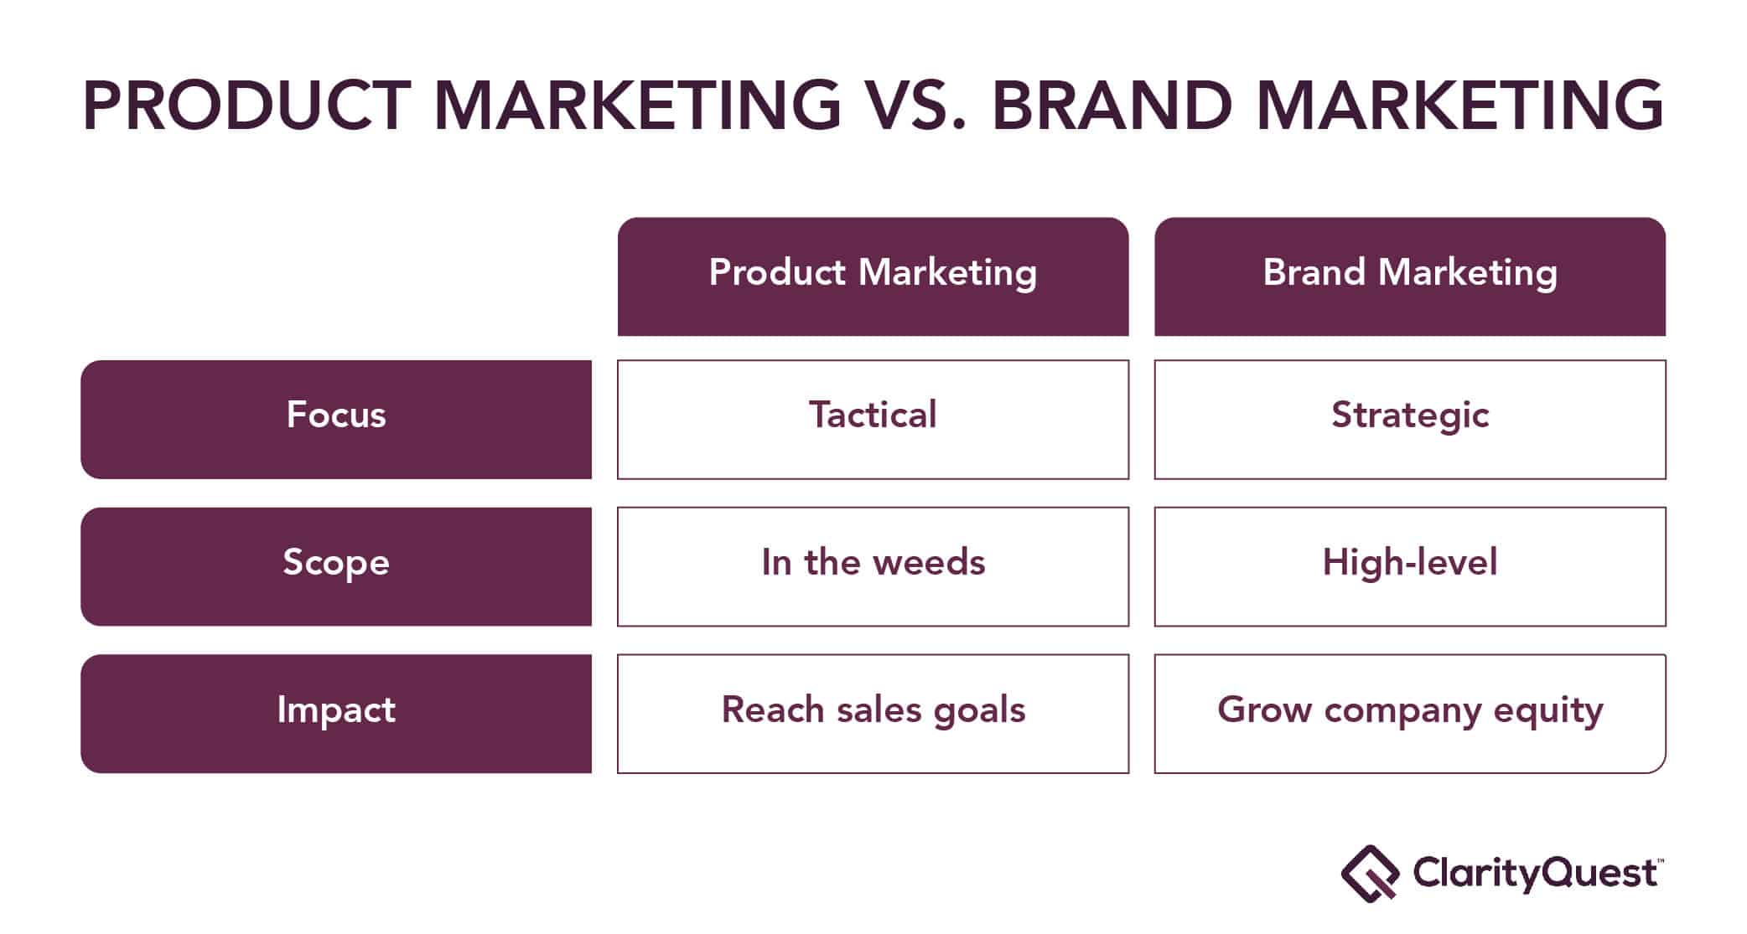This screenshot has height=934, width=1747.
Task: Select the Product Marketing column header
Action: pos(873,276)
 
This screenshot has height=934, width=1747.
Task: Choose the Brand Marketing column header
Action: pos(1410,276)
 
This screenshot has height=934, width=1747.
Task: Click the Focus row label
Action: pos(336,420)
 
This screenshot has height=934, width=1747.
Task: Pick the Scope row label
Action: pos(336,566)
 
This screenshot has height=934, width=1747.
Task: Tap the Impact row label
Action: pos(336,714)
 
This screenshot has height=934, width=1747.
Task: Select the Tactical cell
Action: pos(873,420)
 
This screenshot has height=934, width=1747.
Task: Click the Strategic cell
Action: pos(1410,420)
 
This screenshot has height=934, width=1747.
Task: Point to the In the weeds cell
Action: pos(873,566)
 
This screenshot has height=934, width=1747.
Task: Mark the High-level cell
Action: pos(1410,566)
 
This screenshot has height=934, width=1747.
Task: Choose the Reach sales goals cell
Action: pos(873,714)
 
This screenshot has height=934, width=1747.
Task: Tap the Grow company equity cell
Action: pos(1410,714)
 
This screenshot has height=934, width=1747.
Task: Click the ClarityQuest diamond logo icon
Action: pos(1370,874)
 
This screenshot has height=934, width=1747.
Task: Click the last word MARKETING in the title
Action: pos(1460,106)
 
